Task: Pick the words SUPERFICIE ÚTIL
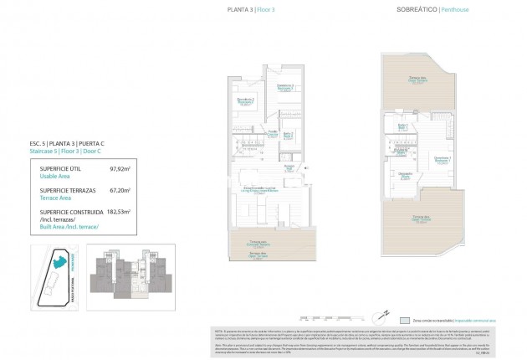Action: [x=58, y=169]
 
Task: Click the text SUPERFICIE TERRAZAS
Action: [x=64, y=192]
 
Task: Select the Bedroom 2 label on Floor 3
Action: [x=286, y=89]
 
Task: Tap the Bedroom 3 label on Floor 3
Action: [x=245, y=102]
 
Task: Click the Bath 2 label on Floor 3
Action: [x=288, y=136]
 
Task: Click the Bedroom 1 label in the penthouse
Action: [x=442, y=161]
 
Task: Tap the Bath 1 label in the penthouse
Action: [x=402, y=127]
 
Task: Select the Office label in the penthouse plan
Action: [x=403, y=176]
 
